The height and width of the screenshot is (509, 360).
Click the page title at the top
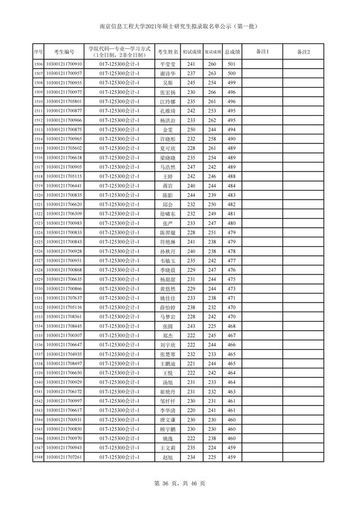click(180, 26)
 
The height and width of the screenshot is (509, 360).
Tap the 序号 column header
click(38, 52)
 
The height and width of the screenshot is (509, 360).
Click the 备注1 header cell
click(262, 52)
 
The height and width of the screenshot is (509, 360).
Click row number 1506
click(38, 65)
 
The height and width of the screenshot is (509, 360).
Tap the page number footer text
click(180, 483)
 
